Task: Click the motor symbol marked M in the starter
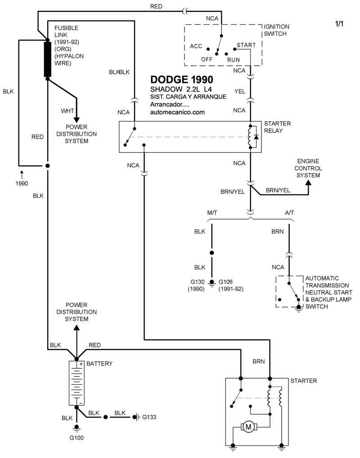(248, 426)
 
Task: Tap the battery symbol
(76, 383)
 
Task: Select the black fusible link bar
(47, 59)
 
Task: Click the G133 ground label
(150, 417)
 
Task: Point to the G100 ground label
(76, 437)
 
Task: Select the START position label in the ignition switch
(246, 45)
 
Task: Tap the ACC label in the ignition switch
(196, 46)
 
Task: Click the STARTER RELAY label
(277, 127)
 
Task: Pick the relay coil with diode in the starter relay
(252, 136)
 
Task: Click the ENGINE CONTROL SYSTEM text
(308, 168)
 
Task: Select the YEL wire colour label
(240, 91)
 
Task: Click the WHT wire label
(67, 111)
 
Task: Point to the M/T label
(213, 212)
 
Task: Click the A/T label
(290, 212)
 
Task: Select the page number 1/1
(339, 24)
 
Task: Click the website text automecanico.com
(178, 112)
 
